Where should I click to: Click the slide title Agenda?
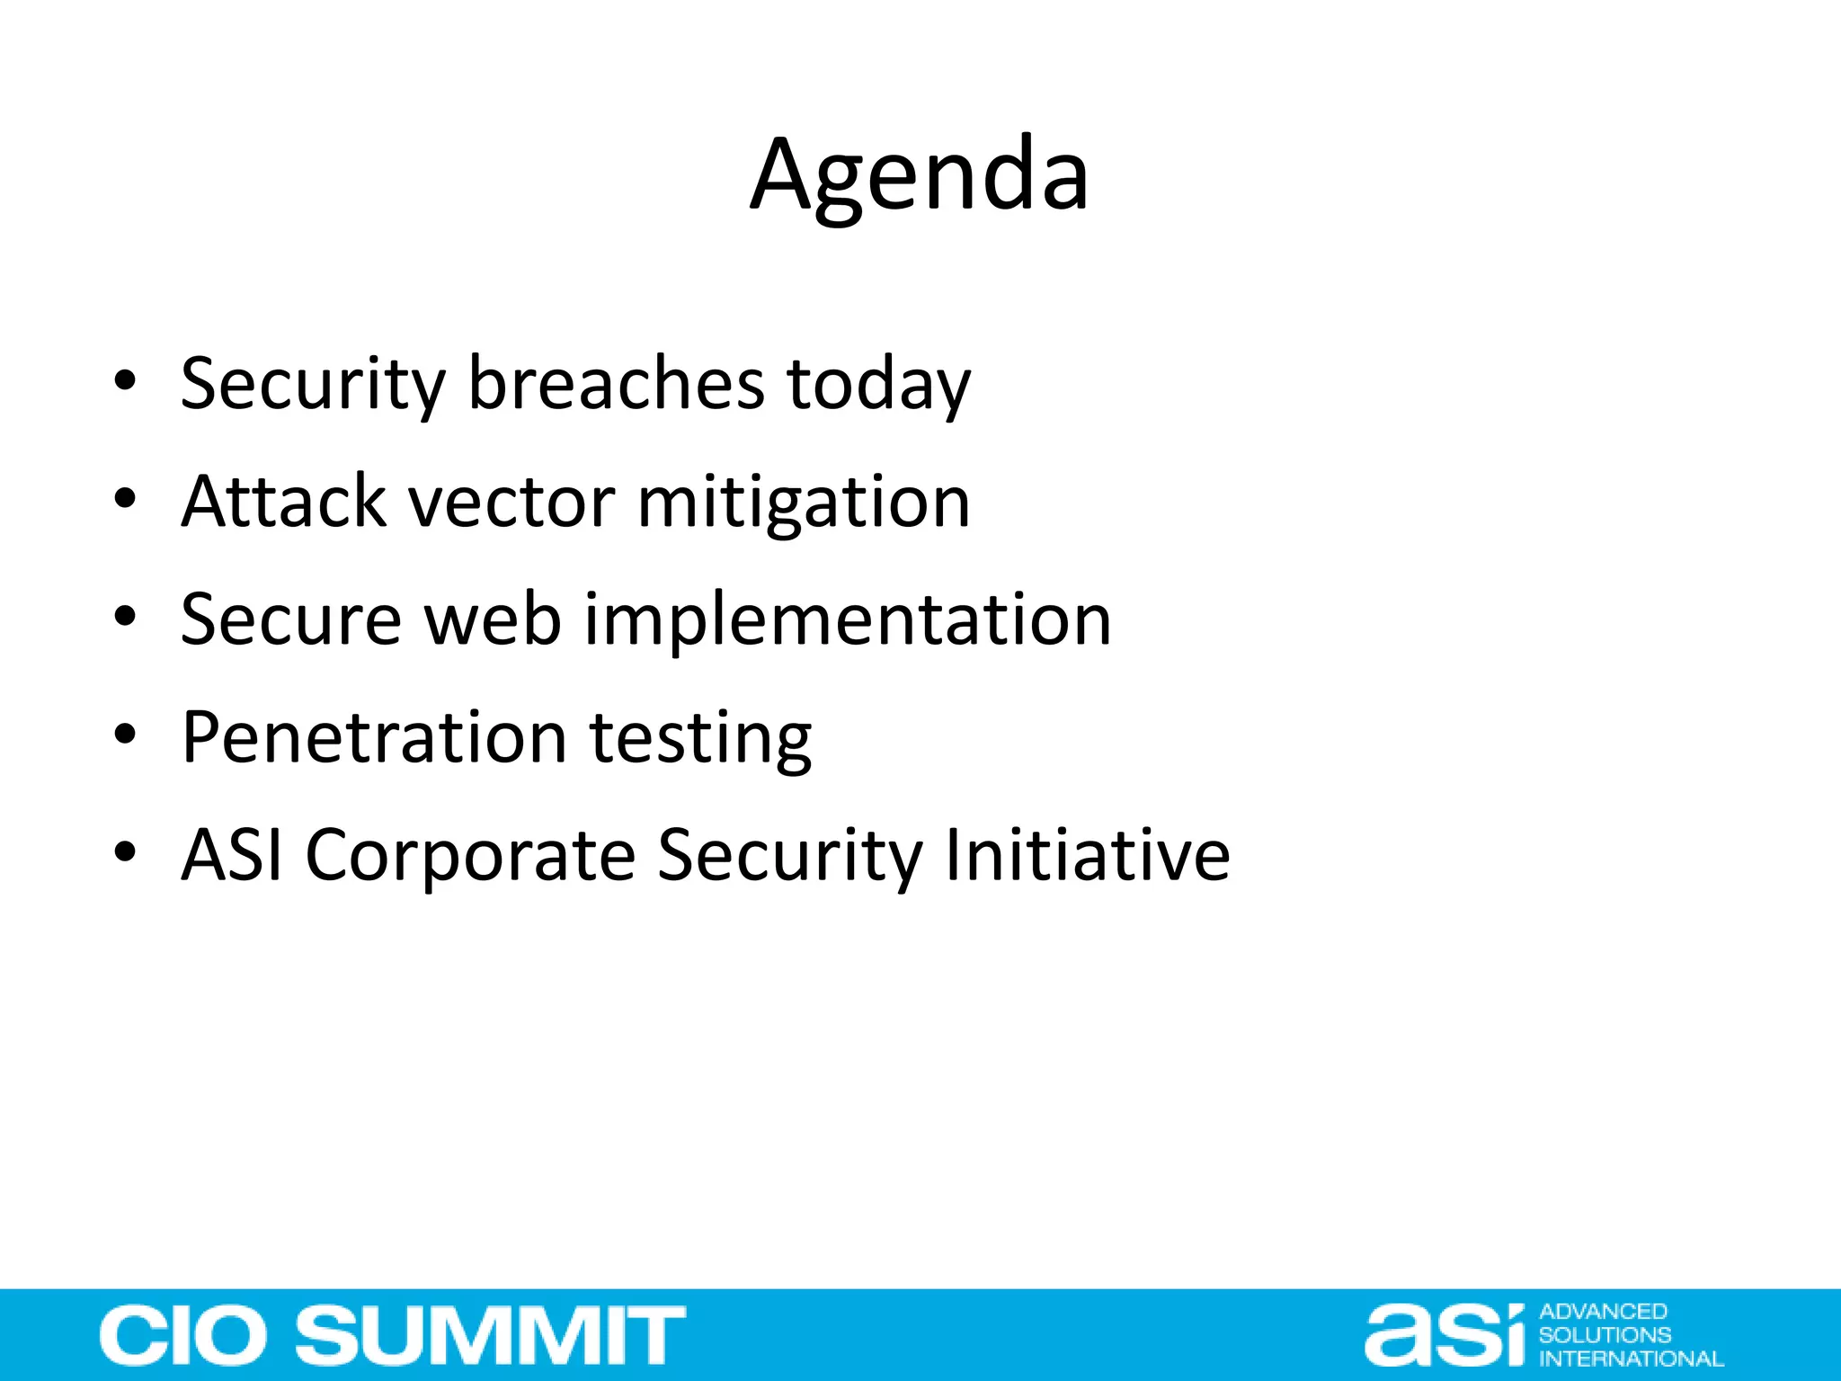(920, 175)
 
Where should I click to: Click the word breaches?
(616, 384)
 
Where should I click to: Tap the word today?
(878, 384)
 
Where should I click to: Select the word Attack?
(283, 502)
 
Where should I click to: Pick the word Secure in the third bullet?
(290, 620)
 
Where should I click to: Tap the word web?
(493, 620)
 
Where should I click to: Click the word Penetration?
(373, 738)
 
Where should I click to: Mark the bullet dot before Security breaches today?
(125, 381)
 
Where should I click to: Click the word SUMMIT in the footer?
(491, 1335)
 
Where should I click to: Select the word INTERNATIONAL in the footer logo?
(1631, 1359)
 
